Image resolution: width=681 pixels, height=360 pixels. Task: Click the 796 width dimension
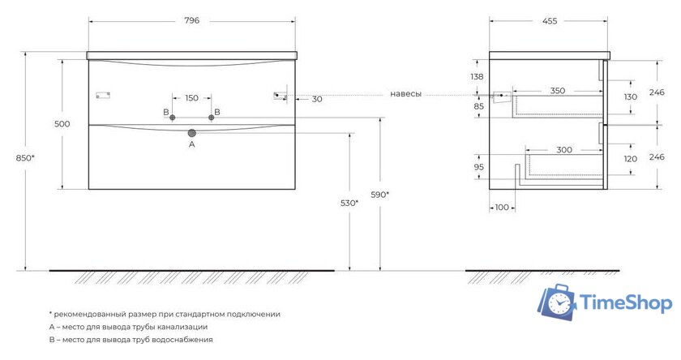(x=191, y=20)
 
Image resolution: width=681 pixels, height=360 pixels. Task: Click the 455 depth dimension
(x=550, y=21)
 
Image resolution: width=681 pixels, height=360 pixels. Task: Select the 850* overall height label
(x=25, y=158)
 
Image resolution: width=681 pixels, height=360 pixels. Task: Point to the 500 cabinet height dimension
(x=62, y=124)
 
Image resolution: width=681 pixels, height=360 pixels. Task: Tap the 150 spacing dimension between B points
(x=191, y=98)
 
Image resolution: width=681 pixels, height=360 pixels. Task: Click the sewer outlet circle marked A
(x=192, y=133)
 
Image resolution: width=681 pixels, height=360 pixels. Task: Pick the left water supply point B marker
(x=173, y=118)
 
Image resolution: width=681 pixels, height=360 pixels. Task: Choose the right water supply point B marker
(x=212, y=118)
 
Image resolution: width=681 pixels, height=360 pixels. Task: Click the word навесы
(x=405, y=94)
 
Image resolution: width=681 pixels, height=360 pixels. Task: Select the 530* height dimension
(x=349, y=203)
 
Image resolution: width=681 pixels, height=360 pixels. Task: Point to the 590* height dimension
(x=379, y=195)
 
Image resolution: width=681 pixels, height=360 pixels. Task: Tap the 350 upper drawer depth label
(x=558, y=91)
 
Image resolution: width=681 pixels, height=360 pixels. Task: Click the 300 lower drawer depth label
(x=564, y=150)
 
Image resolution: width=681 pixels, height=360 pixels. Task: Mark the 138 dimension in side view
(x=477, y=76)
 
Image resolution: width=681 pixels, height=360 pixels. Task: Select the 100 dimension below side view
(x=502, y=207)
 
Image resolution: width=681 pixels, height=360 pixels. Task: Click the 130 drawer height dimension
(x=631, y=96)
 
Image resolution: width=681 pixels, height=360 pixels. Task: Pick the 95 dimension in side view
(x=478, y=167)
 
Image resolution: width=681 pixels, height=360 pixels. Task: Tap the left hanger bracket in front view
(x=103, y=95)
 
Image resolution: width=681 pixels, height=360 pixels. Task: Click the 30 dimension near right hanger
(x=317, y=99)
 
